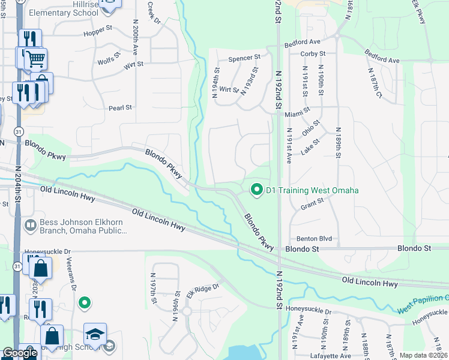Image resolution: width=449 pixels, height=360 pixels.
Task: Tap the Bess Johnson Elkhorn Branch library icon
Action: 30,226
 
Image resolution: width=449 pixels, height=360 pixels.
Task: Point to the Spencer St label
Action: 244,58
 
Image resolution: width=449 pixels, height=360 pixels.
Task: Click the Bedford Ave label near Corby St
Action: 303,43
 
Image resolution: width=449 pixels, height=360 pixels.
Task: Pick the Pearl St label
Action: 120,108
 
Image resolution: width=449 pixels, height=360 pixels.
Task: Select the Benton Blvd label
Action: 311,238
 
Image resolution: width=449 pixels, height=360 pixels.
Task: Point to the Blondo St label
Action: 300,248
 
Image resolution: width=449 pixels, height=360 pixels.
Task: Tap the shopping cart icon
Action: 36,59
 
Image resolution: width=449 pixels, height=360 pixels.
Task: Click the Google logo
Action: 20,353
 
